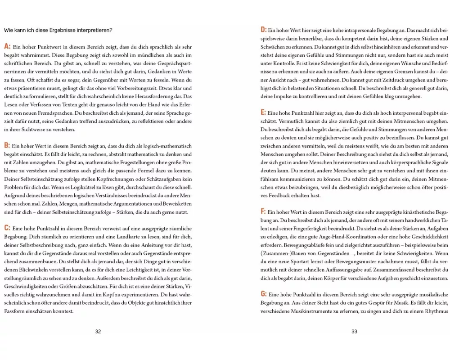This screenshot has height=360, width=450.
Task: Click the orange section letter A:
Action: pos(7,46)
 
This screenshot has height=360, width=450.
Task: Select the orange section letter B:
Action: pos(7,145)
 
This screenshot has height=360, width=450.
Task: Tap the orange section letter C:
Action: pos(7,228)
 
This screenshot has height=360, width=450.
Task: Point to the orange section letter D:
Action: pos(264,30)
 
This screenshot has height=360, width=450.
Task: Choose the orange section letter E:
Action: pos(263,112)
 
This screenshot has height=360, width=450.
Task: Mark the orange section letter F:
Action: pos(263,211)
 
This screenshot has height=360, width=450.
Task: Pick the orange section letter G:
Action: pos(264,294)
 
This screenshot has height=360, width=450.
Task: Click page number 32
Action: pos(98,332)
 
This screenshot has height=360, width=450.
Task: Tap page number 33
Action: pos(354,332)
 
